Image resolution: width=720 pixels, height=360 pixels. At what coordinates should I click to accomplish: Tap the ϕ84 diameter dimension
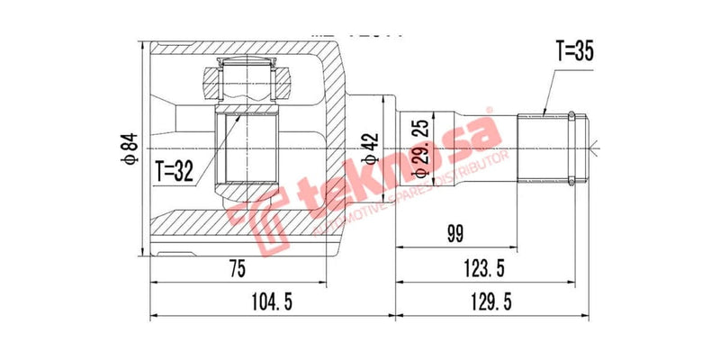130,148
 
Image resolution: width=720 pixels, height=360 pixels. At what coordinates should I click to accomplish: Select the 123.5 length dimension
485,269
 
